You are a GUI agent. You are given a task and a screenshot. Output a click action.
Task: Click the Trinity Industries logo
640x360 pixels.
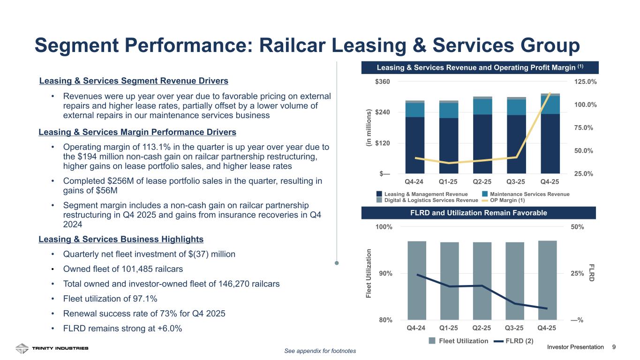(52, 348)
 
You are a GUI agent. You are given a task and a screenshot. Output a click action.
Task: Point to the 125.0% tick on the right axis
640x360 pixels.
(586, 82)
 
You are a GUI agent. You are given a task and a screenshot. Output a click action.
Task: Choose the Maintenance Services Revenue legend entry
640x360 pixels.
(526, 194)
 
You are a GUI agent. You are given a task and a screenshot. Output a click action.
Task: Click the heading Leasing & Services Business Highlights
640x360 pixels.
(121, 239)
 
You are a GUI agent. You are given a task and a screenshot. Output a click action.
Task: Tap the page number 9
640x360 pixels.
(614, 347)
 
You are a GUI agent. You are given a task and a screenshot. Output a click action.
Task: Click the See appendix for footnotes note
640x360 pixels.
(320, 351)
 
